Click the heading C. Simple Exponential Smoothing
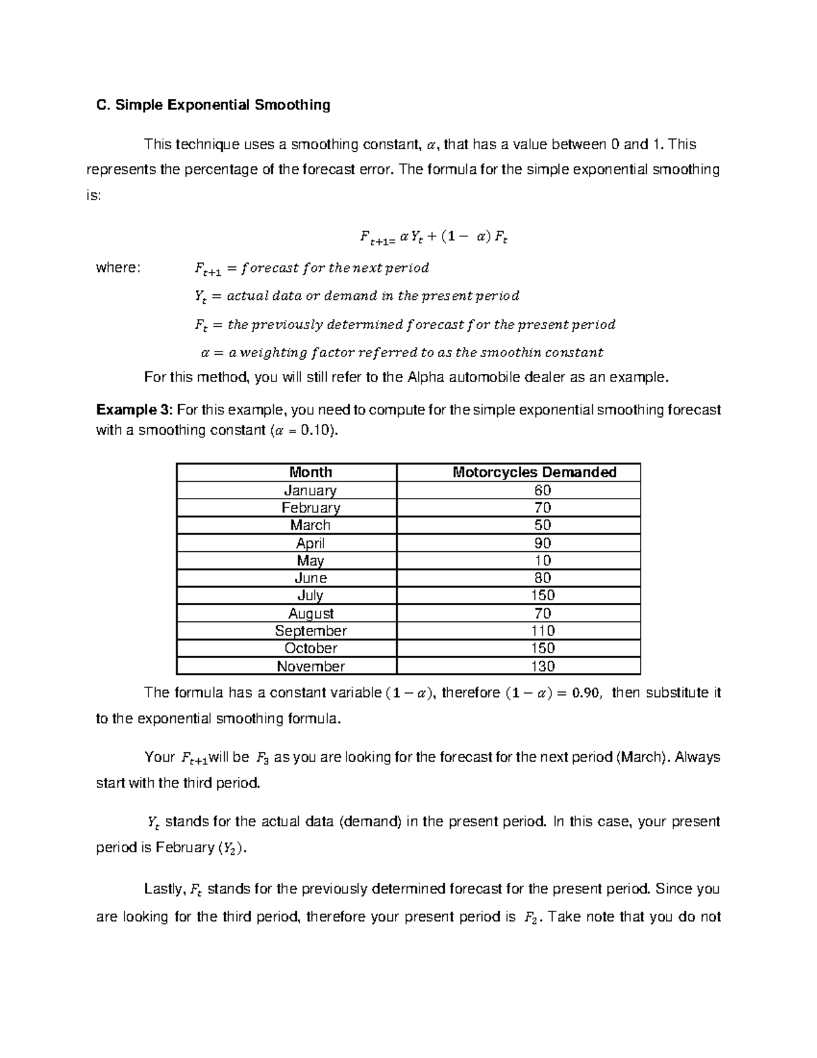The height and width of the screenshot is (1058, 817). pos(213,105)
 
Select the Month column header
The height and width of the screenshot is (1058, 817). pos(310,472)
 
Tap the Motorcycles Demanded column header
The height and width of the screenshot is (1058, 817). pos(534,472)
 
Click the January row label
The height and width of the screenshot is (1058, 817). pos(310,491)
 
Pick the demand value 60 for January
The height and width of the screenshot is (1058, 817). pos(543,491)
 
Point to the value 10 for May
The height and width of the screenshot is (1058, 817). pos(543,561)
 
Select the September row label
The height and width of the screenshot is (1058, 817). pos(310,631)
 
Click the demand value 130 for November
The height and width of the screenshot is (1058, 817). pos(543,666)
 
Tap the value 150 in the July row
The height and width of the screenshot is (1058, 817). pos(543,595)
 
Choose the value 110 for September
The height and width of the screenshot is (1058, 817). pos(543,631)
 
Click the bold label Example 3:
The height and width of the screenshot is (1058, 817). pos(135,410)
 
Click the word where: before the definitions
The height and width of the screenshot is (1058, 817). pos(118,268)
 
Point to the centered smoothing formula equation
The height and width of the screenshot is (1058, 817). pos(434,238)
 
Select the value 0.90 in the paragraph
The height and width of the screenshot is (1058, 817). pos(586,694)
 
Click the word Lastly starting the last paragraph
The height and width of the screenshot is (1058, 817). pos(163,889)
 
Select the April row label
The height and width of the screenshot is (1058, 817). pos(310,543)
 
